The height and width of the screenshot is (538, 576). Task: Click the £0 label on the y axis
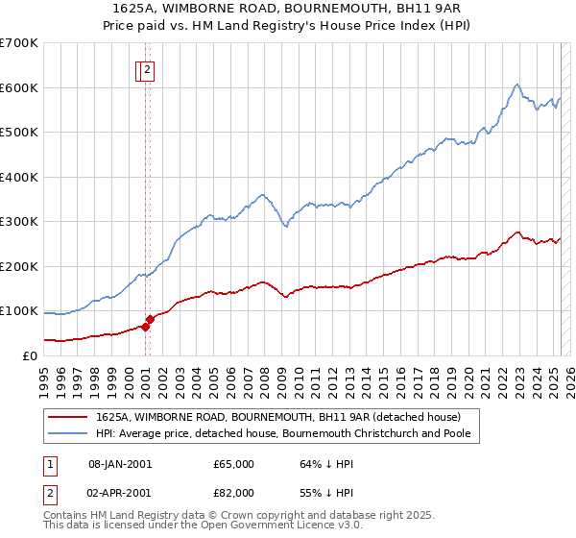30,356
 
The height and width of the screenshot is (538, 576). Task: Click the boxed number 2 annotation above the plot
148,69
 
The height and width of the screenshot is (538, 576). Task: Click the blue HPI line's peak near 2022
516,85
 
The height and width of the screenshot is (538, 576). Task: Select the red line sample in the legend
68,417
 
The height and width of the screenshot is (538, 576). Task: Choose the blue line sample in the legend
68,433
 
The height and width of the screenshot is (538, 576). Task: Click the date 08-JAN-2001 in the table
120,465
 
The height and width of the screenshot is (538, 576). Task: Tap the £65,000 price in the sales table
233,465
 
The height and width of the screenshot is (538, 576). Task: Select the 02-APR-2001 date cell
120,493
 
